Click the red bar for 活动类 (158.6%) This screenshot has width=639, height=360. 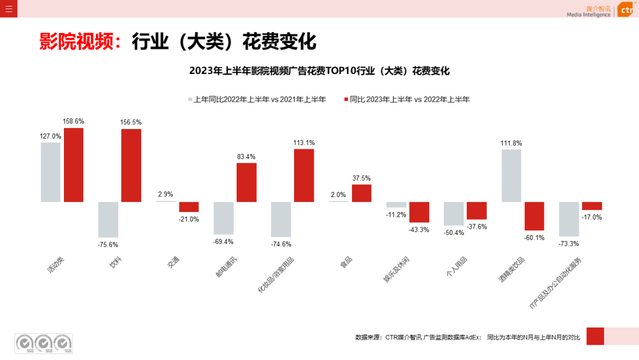(74, 165)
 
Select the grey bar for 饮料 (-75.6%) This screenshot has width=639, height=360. (108, 219)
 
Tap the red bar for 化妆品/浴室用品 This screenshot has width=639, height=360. (304, 175)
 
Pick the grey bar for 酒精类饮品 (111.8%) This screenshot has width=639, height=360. (511, 175)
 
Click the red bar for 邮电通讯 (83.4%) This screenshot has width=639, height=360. (247, 182)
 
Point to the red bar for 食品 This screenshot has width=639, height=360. (362, 193)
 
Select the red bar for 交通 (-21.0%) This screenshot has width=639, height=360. (189, 207)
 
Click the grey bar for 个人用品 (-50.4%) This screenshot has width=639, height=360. (454, 213)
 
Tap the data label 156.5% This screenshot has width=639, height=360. (131, 122)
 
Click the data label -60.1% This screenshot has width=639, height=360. (534, 238)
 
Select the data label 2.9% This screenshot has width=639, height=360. (165, 194)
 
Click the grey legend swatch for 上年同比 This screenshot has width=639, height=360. (191, 99)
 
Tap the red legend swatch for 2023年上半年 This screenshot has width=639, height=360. (346, 99)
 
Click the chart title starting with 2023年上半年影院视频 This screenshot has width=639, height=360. (319, 71)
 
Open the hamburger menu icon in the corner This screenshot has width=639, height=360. (8, 8)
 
